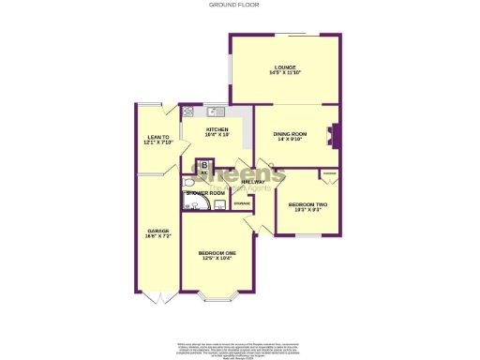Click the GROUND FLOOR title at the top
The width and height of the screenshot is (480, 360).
pos(239,5)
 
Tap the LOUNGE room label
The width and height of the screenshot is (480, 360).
pos(285,67)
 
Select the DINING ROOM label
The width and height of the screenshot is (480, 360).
pos(290,134)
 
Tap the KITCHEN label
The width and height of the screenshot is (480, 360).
pos(217,129)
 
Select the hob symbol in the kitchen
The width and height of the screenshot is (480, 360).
pos(188,112)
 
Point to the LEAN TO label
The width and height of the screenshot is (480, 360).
pos(156,137)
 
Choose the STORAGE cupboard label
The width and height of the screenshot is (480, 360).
pos(241,202)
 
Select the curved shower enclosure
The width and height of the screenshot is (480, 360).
pos(191,202)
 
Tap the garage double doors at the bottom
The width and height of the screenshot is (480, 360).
pos(157,297)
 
